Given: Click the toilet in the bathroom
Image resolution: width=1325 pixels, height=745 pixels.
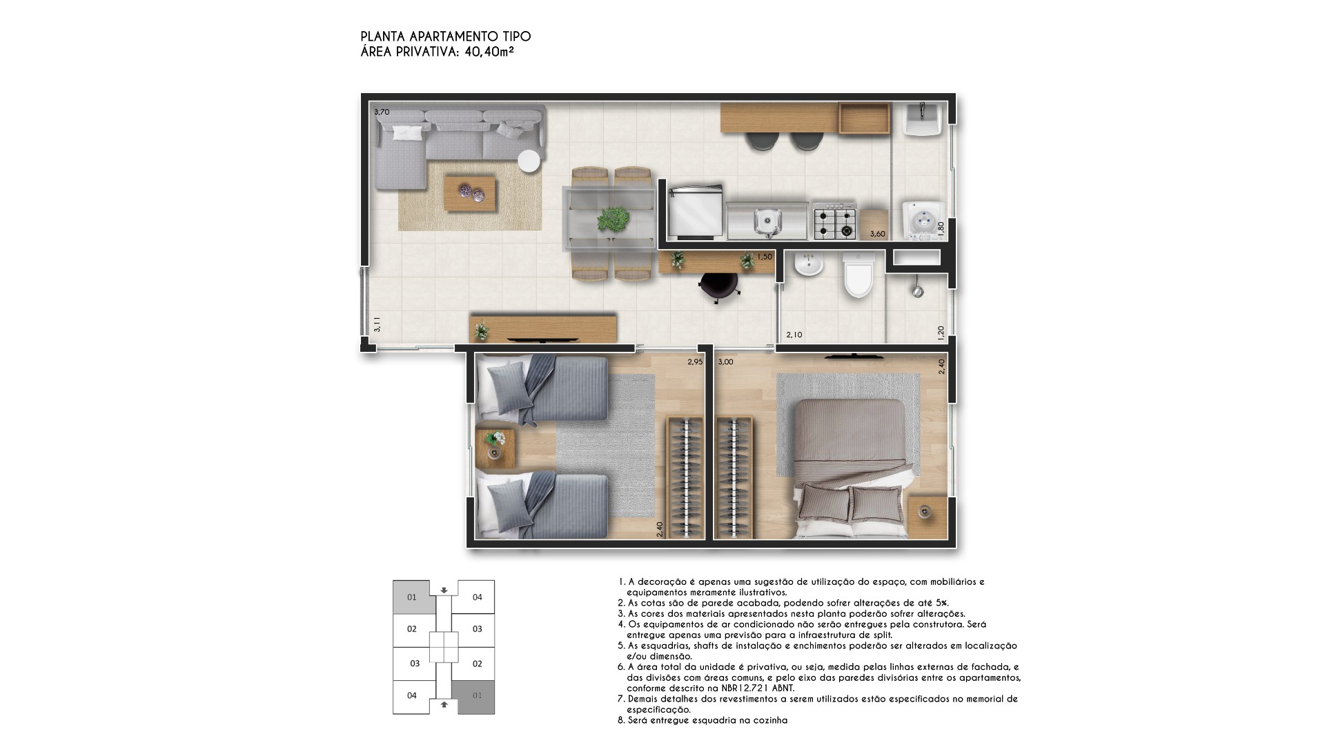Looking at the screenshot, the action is [x=859, y=275].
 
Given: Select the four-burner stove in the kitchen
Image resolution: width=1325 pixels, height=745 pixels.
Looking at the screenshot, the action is [x=835, y=221].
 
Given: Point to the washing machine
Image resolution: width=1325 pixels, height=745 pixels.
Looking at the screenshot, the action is [x=922, y=220].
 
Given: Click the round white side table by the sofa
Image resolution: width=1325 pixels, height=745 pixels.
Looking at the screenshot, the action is [x=529, y=160].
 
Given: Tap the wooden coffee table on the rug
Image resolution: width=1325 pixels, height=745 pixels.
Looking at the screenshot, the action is [x=470, y=192].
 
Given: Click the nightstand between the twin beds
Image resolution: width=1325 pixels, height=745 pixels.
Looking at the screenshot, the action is [x=495, y=448].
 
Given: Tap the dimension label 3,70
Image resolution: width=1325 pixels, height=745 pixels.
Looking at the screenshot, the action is [x=382, y=112].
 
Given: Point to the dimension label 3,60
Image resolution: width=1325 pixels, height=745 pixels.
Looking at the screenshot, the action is [x=877, y=234].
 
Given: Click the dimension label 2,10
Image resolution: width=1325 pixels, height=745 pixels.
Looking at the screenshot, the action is [x=794, y=335].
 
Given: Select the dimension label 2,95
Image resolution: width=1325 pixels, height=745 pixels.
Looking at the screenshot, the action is [x=694, y=361].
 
